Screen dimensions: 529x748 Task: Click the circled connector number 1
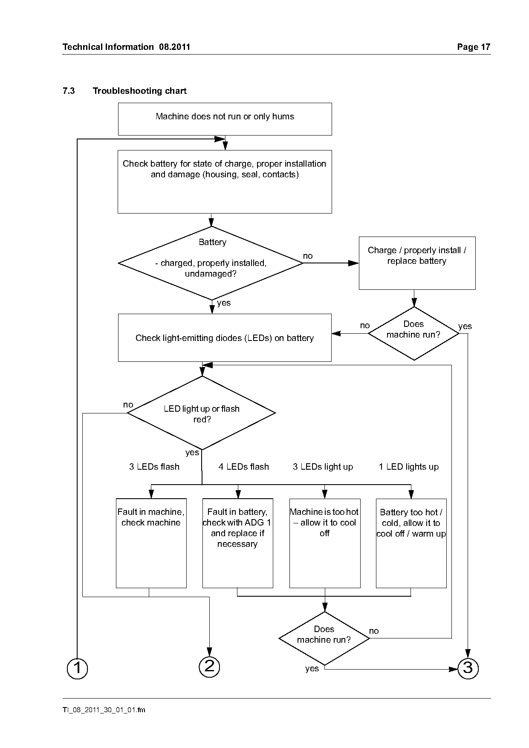pyautogui.click(x=77, y=668)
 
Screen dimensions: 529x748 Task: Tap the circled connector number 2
pyautogui.click(x=209, y=666)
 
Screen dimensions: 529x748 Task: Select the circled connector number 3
pyautogui.click(x=468, y=668)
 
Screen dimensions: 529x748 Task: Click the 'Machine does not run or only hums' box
pyautogui.click(x=225, y=119)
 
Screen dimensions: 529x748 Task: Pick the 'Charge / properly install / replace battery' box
pyautogui.click(x=417, y=263)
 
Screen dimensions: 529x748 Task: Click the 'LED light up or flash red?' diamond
pyautogui.click(x=202, y=413)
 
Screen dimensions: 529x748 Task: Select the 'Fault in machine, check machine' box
pyautogui.click(x=151, y=543)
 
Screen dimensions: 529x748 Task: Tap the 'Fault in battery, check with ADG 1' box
pyautogui.click(x=237, y=543)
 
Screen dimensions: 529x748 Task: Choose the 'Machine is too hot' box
pyautogui.click(x=325, y=543)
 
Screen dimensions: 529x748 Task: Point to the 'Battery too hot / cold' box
pyautogui.click(x=411, y=543)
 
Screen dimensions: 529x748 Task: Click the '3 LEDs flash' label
pyautogui.click(x=154, y=467)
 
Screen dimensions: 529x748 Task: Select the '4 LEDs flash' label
pyautogui.click(x=244, y=467)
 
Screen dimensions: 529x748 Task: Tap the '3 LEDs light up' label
pyautogui.click(x=323, y=467)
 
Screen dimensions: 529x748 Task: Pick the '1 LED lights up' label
pyautogui.click(x=409, y=467)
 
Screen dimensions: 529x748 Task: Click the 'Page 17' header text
pyautogui.click(x=474, y=47)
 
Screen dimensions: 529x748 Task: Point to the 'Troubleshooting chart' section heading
pyautogui.click(x=140, y=91)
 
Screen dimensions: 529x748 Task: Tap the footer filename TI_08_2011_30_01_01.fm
pyautogui.click(x=104, y=710)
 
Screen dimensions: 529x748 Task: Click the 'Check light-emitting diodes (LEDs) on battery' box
pyautogui.click(x=225, y=338)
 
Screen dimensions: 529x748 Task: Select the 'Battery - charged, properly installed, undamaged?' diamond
pyautogui.click(x=211, y=263)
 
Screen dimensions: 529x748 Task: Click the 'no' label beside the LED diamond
pyautogui.click(x=128, y=404)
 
